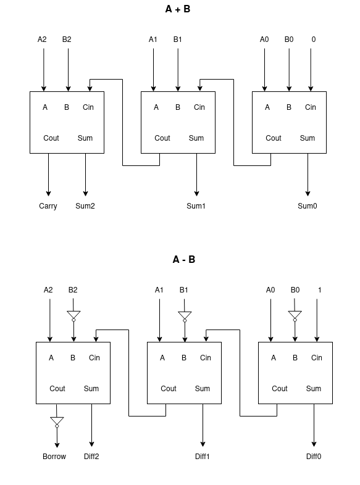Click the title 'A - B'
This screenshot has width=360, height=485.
(183, 260)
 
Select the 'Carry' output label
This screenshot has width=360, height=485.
(48, 206)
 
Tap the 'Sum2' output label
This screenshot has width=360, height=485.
(85, 206)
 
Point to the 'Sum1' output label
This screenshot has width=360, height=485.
(196, 206)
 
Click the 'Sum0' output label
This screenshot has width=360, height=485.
(307, 206)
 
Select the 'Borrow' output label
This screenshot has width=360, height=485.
(54, 457)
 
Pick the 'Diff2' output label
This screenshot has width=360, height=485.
(91, 457)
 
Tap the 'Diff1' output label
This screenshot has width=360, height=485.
(203, 457)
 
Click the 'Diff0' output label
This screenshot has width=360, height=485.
(314, 457)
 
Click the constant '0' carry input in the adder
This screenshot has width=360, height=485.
(313, 39)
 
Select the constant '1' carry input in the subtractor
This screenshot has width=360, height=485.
(319, 290)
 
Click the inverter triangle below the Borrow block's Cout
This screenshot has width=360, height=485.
(57, 421)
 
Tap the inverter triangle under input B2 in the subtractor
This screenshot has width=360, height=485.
(73, 316)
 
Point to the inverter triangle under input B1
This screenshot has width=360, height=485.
(185, 316)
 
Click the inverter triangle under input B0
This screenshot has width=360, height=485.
(295, 316)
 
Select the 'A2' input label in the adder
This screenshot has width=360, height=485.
(42, 39)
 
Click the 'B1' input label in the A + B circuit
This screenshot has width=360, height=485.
(178, 39)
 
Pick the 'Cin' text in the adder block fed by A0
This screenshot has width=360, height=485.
(310, 107)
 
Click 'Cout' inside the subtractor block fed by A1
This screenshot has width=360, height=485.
(169, 389)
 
